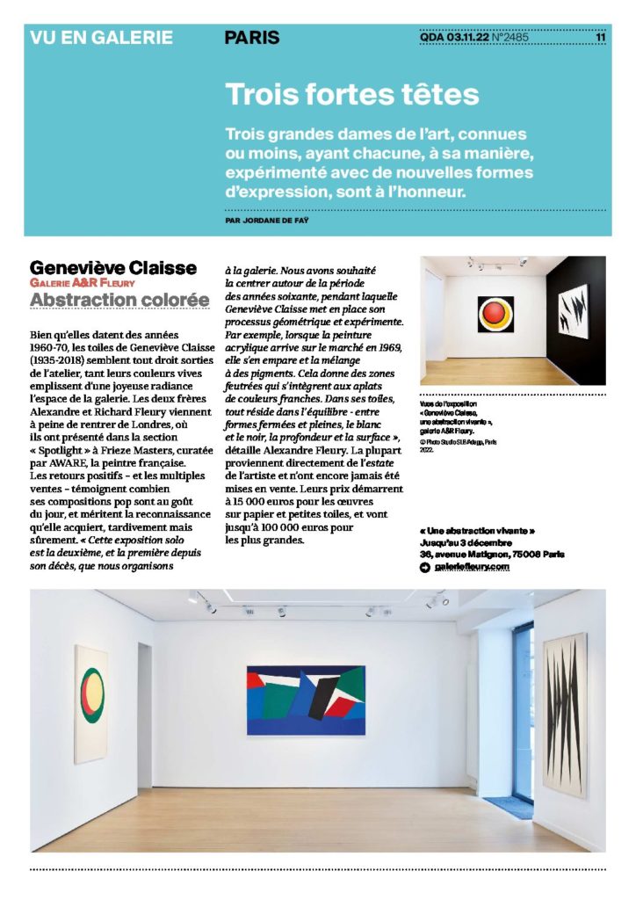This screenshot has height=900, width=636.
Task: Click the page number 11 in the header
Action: pyautogui.click(x=600, y=38)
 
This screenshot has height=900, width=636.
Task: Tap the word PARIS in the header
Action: pyautogui.click(x=252, y=38)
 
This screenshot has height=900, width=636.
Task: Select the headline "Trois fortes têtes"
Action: pyautogui.click(x=351, y=94)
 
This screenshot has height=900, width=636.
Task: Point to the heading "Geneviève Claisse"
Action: pyautogui.click(x=112, y=266)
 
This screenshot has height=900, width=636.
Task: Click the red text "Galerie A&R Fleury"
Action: pyautogui.click(x=80, y=283)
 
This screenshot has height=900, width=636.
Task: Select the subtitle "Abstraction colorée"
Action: pyautogui.click(x=119, y=301)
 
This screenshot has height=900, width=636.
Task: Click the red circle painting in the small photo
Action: pyautogui.click(x=494, y=314)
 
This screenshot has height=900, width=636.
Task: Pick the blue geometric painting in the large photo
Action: pyautogui.click(x=305, y=700)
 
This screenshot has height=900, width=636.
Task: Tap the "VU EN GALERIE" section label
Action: pyautogui.click(x=101, y=38)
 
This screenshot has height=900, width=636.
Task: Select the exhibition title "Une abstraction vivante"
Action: pyautogui.click(x=477, y=531)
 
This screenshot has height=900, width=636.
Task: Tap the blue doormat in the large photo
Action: pyautogui.click(x=513, y=807)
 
